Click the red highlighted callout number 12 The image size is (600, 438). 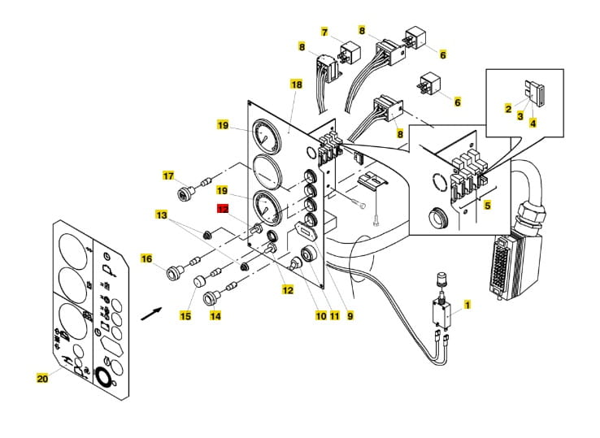[223, 209]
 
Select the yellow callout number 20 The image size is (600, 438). [42, 379]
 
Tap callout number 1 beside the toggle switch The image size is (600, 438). [467, 305]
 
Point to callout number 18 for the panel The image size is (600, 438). [297, 85]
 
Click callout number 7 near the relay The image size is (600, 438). [324, 32]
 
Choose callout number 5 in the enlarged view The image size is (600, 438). [487, 206]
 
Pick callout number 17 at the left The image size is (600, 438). [168, 176]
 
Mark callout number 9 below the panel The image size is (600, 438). [350, 315]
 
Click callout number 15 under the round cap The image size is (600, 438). [185, 316]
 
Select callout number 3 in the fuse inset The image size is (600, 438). [520, 115]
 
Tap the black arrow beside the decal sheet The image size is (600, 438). [152, 314]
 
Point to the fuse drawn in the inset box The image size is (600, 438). [536, 91]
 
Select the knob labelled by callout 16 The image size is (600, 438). [176, 272]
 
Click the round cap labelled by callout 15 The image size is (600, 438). [199, 282]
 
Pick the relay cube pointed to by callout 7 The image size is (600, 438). [348, 51]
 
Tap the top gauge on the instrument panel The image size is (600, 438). [266, 136]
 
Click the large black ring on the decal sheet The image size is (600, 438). [104, 377]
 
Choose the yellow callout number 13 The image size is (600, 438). [161, 215]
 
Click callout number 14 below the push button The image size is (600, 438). [215, 316]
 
